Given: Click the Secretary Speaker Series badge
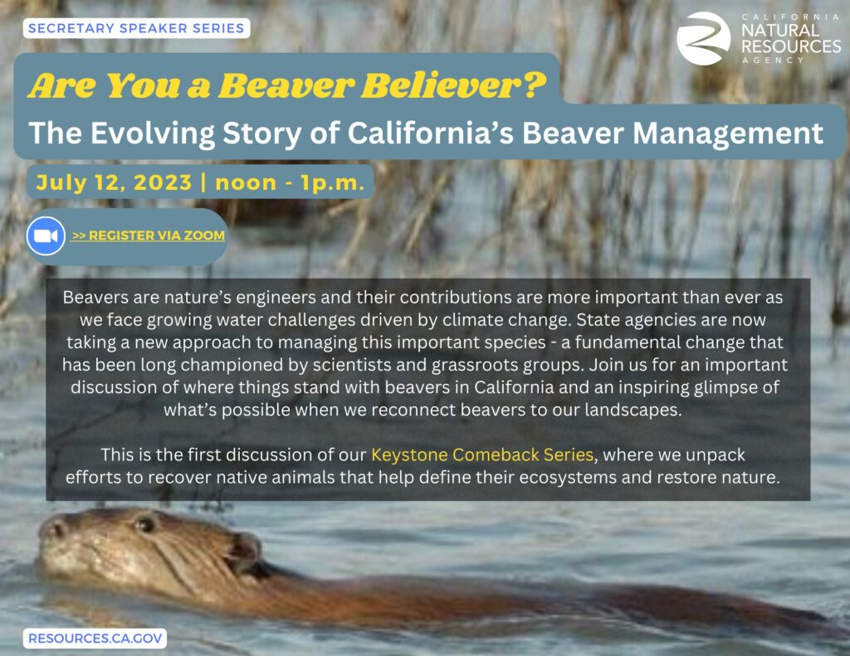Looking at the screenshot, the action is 136,28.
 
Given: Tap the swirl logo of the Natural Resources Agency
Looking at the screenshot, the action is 703,38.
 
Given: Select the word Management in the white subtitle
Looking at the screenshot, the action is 727,134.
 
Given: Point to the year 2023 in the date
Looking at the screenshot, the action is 163,182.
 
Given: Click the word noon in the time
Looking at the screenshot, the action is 246,183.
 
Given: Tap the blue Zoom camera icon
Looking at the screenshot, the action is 46,236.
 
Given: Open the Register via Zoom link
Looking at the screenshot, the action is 149,236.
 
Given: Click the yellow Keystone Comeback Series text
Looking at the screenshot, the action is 482,454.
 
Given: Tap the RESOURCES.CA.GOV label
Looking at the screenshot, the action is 95,638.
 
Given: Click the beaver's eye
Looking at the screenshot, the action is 144,524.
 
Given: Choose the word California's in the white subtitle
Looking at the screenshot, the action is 431,134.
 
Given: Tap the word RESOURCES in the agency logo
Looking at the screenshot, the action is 791,46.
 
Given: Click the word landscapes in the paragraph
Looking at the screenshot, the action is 633,410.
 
